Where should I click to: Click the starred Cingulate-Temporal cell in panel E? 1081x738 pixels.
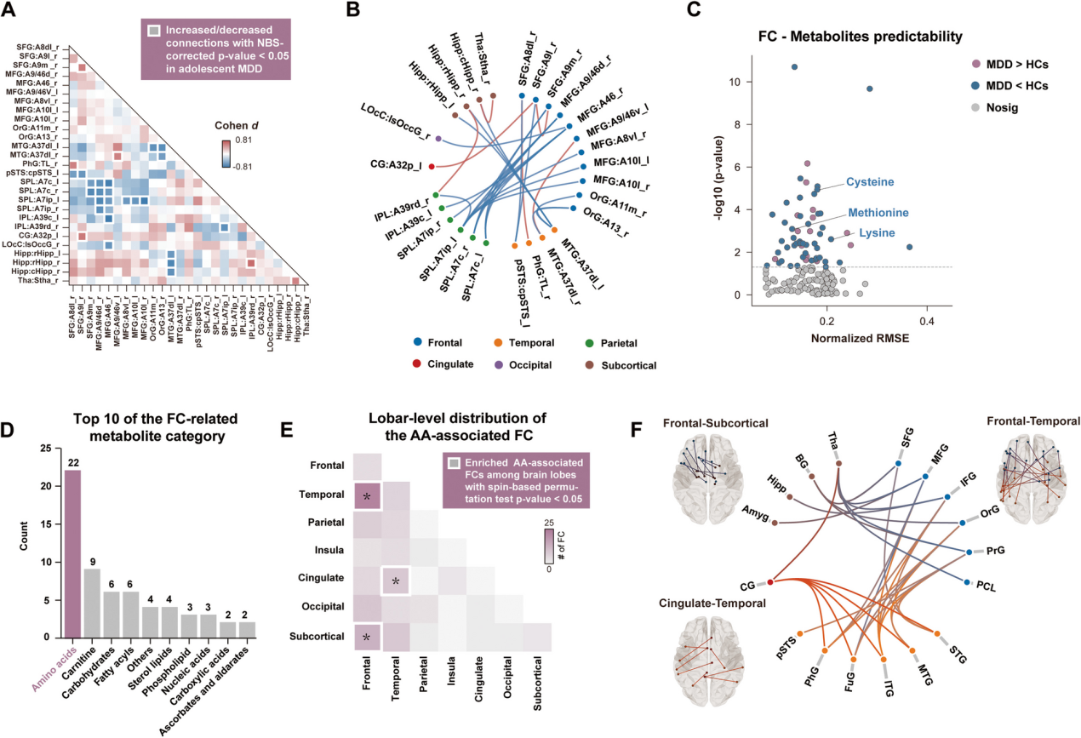[x=395, y=579]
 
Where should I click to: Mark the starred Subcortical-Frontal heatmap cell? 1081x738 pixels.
[x=367, y=635]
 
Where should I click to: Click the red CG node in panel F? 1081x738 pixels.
[x=770, y=581]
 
